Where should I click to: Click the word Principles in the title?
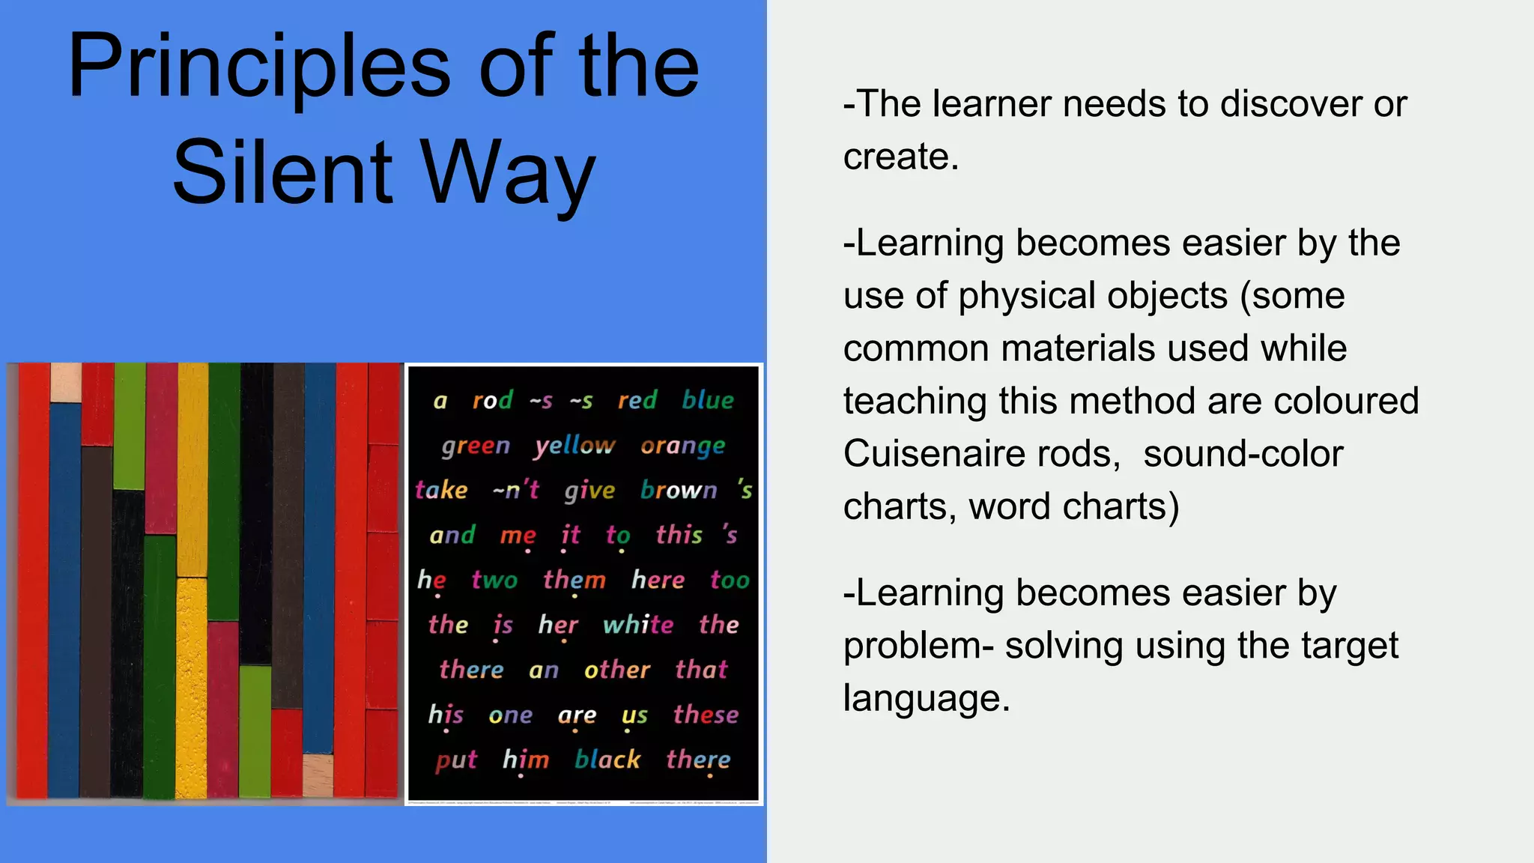(x=259, y=67)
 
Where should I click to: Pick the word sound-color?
(x=1243, y=454)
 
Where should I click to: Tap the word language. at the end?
(x=927, y=698)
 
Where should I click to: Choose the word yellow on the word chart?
(x=575, y=446)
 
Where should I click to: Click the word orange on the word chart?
(x=682, y=446)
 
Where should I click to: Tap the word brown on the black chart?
(x=679, y=490)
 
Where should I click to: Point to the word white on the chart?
(x=638, y=625)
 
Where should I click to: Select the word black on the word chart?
(x=607, y=760)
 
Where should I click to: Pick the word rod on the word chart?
(x=492, y=400)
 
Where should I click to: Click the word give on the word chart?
(x=589, y=491)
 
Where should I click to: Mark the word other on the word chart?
(x=617, y=670)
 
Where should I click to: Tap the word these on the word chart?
(x=706, y=715)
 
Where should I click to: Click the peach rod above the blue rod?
(x=66, y=382)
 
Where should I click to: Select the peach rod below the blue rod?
(x=318, y=775)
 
